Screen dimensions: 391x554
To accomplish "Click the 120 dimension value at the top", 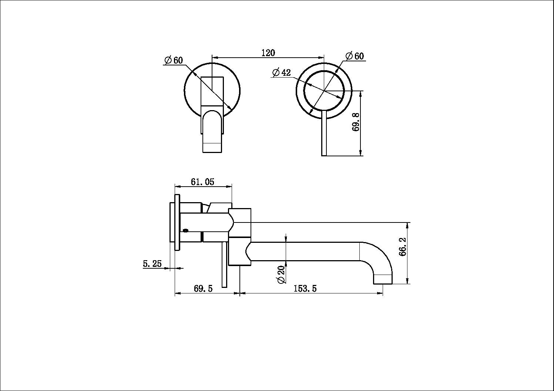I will (268, 53).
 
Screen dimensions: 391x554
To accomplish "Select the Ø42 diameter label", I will (281, 72).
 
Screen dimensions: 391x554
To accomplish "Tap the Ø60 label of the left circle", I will (174, 60).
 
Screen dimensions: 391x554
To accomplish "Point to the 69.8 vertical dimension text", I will (356, 122).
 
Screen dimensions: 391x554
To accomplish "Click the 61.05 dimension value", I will (202, 182).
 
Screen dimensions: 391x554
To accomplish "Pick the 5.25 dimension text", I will (152, 264).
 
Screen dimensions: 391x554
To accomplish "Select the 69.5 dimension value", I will (203, 289).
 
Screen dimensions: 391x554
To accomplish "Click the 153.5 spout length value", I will (305, 289).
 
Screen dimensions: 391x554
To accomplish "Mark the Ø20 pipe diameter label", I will (281, 274).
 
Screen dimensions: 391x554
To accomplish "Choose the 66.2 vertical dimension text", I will (403, 246).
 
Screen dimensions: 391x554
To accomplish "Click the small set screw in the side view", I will (185, 231).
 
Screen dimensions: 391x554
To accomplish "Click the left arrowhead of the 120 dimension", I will (214, 57).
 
